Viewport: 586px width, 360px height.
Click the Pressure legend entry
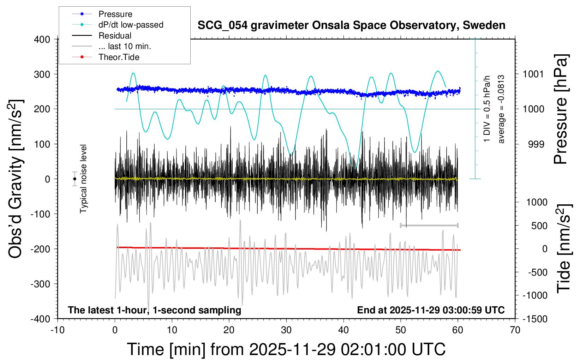click(x=115, y=14)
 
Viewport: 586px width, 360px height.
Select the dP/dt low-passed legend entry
click(x=131, y=25)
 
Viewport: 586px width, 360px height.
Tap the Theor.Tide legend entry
click(x=119, y=57)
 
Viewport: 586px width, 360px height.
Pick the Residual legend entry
click(x=115, y=36)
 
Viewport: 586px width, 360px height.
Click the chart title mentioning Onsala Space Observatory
click(x=351, y=25)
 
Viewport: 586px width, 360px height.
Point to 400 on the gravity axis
click(x=42, y=40)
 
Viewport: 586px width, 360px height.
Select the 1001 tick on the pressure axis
click(x=533, y=74)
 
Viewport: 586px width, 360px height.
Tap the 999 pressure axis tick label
click(x=536, y=144)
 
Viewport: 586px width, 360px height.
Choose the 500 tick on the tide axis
click(x=539, y=226)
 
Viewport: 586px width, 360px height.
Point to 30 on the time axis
click(x=286, y=330)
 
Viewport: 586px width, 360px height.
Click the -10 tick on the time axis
click(x=58, y=330)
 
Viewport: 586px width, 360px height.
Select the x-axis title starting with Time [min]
click(x=286, y=349)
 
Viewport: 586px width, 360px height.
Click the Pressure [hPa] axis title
click(x=560, y=109)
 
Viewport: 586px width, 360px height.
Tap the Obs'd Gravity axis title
click(x=16, y=179)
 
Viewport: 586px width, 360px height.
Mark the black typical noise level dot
click(x=75, y=179)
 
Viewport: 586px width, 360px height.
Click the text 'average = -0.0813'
click(x=501, y=109)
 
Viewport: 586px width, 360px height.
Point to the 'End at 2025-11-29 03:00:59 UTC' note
click(x=431, y=310)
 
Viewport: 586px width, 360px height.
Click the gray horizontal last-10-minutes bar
click(x=429, y=225)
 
